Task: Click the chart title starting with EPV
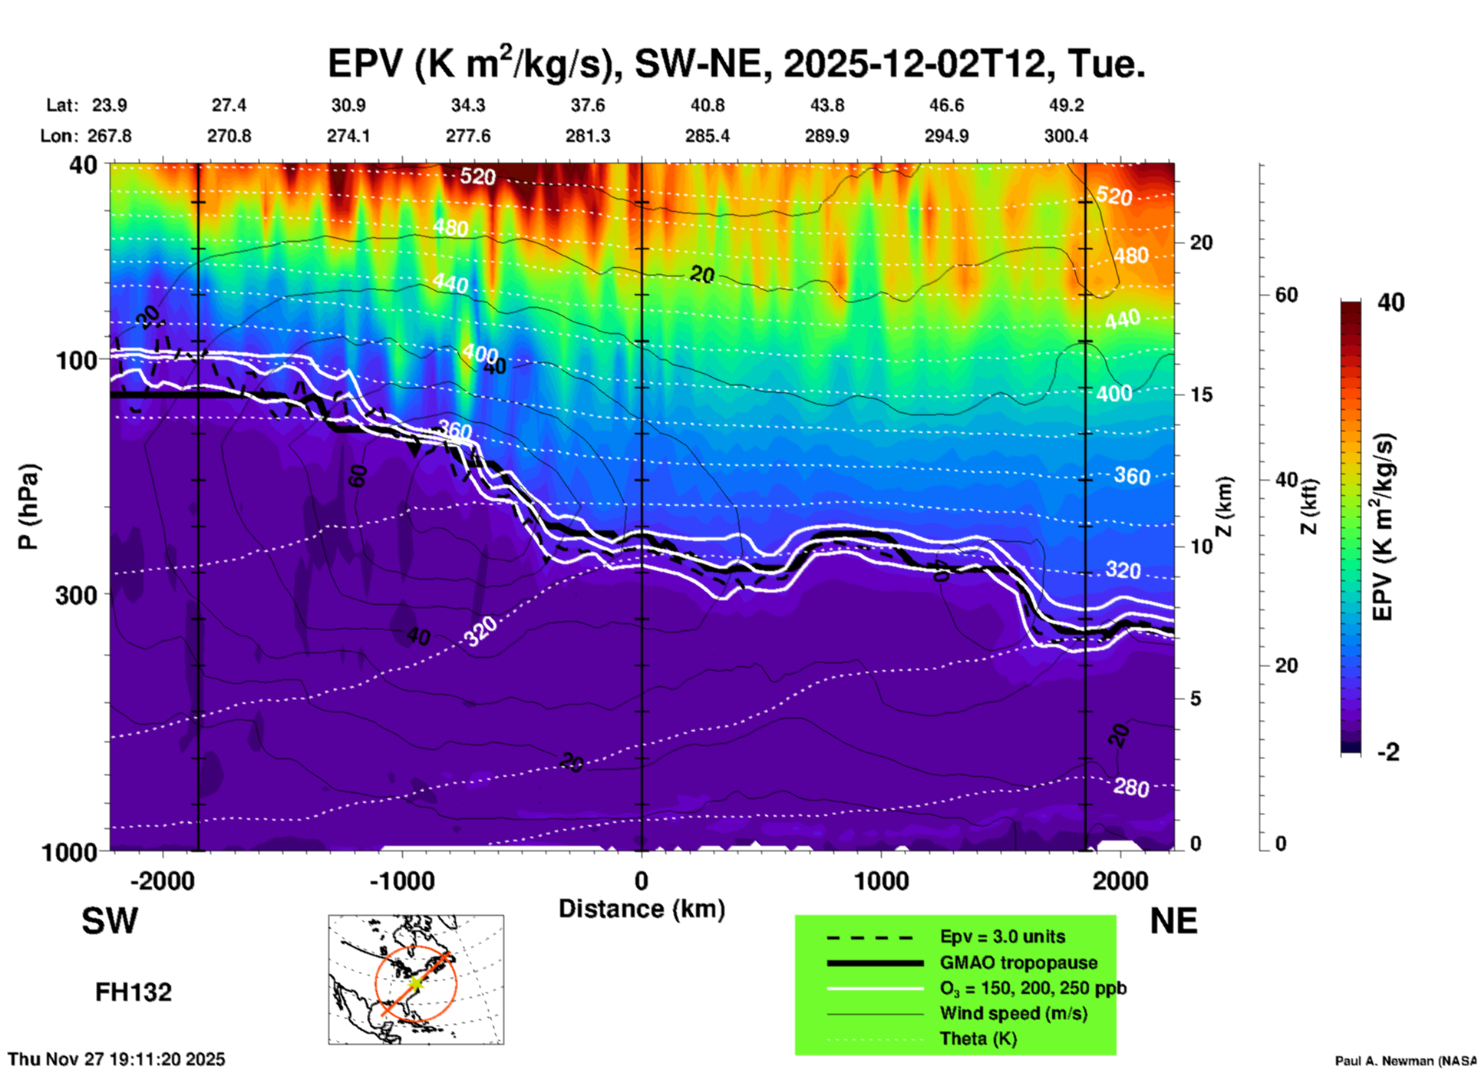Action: (x=737, y=63)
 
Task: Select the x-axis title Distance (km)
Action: (x=642, y=909)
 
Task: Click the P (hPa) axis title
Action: (x=28, y=507)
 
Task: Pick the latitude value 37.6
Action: (x=588, y=106)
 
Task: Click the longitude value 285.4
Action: (x=707, y=137)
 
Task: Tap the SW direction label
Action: (x=110, y=921)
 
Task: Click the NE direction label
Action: (x=1173, y=921)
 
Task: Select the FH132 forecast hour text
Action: (x=134, y=992)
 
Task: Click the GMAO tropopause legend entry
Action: (x=1018, y=963)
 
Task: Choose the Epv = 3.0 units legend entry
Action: (x=1002, y=937)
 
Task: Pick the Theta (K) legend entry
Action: (x=978, y=1039)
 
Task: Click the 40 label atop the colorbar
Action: (x=1391, y=302)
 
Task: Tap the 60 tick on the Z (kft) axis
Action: (x=1286, y=295)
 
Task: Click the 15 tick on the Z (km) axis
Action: (x=1200, y=395)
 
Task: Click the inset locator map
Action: (x=416, y=979)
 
